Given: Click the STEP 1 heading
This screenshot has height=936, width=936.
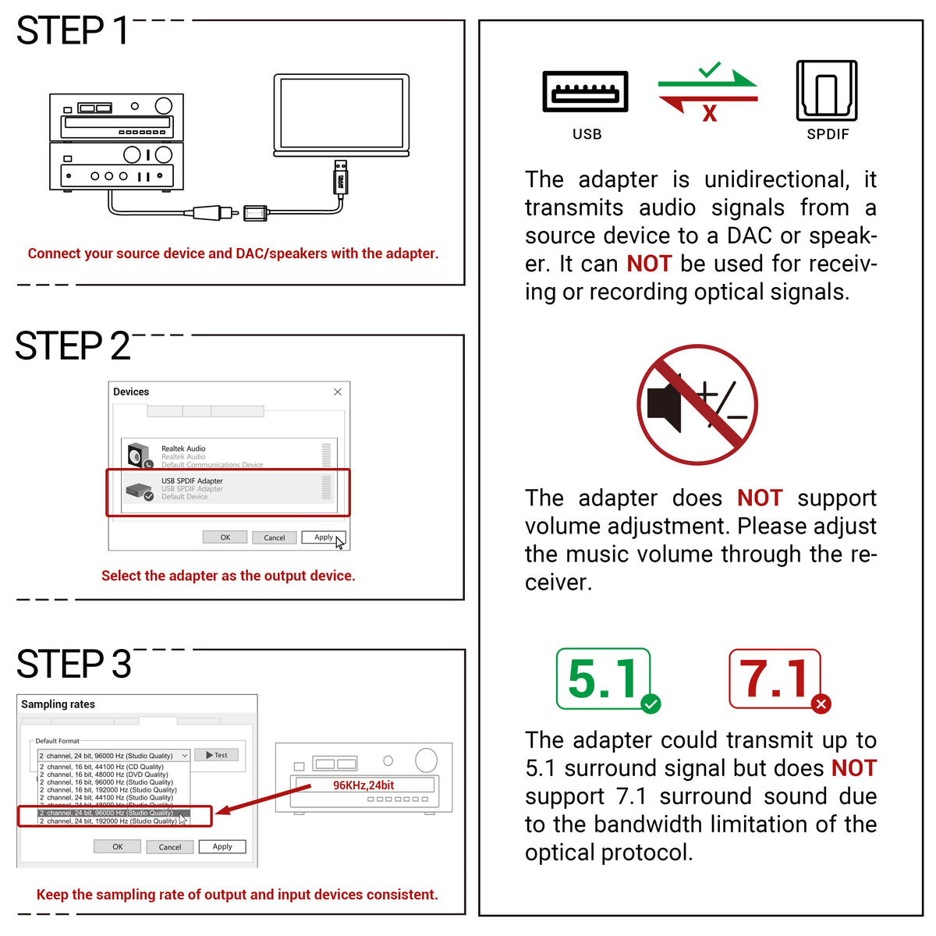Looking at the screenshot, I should click(x=73, y=31).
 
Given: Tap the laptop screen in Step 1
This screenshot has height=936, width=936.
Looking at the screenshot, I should click(x=341, y=114).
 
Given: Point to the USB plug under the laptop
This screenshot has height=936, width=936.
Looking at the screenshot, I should click(x=340, y=178).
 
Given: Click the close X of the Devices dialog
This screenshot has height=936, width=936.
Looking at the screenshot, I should click(x=338, y=392).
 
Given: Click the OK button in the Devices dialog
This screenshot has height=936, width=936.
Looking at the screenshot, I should click(x=225, y=537).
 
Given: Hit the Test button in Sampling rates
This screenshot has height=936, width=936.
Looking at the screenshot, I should click(x=217, y=755).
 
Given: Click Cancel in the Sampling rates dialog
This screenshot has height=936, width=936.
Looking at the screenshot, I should click(x=170, y=847).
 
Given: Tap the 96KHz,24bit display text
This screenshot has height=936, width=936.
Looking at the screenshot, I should click(x=363, y=785).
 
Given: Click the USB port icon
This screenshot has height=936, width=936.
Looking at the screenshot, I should click(x=586, y=92).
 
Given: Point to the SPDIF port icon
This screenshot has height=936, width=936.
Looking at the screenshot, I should click(x=827, y=91).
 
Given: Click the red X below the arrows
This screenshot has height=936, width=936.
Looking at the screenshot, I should click(x=709, y=114).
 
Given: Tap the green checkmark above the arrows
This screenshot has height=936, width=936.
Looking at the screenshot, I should click(x=710, y=70).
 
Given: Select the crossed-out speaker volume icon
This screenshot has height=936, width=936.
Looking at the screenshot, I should click(x=697, y=404).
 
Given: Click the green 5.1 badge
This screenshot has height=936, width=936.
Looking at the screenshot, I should click(x=604, y=679).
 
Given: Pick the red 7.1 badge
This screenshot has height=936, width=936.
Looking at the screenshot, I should click(x=775, y=679).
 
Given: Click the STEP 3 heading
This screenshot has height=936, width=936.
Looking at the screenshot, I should click(x=73, y=665).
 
